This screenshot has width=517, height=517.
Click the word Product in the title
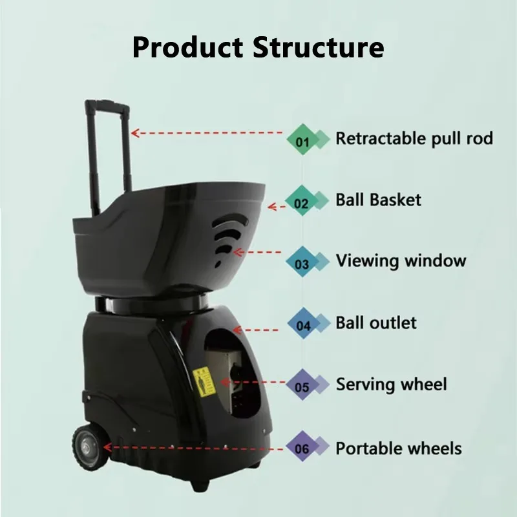coord(188,47)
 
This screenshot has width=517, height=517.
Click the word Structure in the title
coord(319,47)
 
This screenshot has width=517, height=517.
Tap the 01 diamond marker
coord(302,140)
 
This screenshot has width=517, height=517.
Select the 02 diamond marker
coord(301,200)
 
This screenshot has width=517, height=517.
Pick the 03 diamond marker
coord(302,262)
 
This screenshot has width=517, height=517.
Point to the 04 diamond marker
coord(303,323)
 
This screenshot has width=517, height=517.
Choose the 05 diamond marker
coord(302,385)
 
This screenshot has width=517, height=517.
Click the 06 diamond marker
coord(302,446)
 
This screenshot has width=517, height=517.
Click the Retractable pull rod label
coord(414,138)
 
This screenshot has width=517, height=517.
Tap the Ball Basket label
coord(378,200)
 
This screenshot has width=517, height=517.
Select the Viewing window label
coord(401,261)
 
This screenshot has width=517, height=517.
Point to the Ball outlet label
coord(376,322)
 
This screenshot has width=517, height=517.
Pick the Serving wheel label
coord(392,385)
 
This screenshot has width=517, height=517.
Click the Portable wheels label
coord(399,448)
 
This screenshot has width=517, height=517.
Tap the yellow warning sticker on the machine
coord(204,381)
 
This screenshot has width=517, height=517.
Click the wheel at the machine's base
coord(90,447)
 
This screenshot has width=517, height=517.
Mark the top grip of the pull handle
coord(107,105)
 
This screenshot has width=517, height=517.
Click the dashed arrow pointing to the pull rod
coord(207,133)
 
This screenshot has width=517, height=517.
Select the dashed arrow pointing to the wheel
coord(193,448)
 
